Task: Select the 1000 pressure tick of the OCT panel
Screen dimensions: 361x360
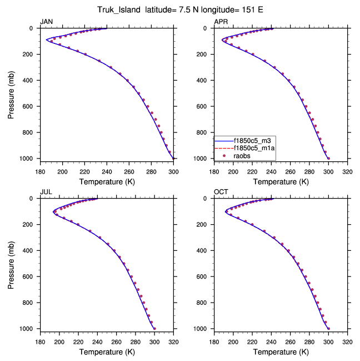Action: point(202,329)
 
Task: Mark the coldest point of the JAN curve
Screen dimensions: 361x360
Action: point(46,40)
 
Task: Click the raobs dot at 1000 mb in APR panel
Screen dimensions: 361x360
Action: point(328,159)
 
